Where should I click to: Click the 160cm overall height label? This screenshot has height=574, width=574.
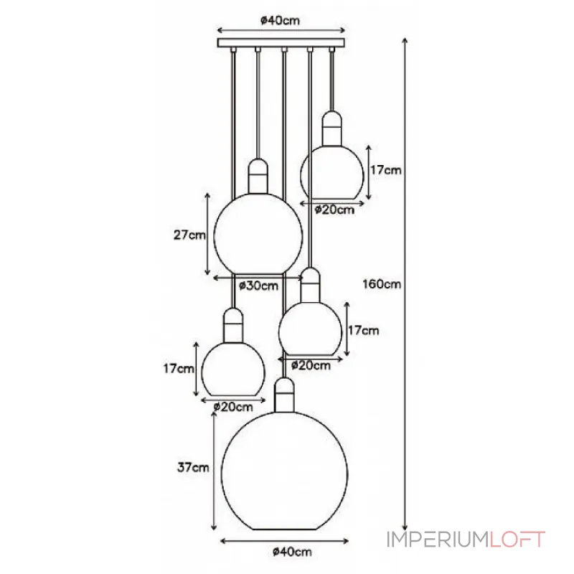click(x=382, y=283)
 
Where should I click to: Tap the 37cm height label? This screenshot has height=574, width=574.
click(x=193, y=468)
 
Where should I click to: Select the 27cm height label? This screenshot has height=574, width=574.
click(x=189, y=235)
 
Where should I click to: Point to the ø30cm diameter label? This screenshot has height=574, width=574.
click(x=258, y=286)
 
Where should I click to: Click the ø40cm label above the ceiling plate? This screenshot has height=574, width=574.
click(x=280, y=21)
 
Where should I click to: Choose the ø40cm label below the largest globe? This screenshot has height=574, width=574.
click(x=292, y=552)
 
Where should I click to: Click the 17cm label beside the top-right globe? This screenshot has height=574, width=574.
click(x=386, y=170)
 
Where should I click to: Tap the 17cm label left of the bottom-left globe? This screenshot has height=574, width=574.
click(x=179, y=368)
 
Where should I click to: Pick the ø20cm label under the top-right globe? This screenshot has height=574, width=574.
click(x=334, y=210)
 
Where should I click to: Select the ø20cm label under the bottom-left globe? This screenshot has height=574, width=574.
click(x=233, y=407)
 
